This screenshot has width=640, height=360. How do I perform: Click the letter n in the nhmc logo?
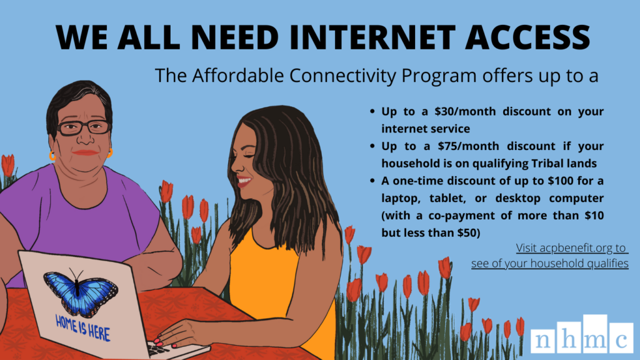pyautogui.click(x=543, y=341)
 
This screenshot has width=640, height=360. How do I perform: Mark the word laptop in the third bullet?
pyautogui.click(x=400, y=198)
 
